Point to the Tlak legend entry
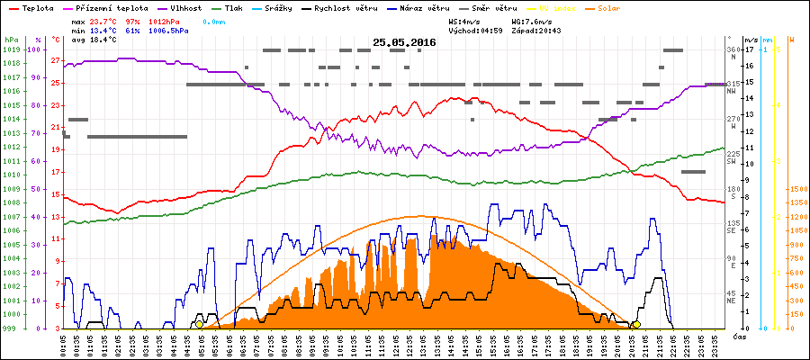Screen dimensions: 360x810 click(238, 6)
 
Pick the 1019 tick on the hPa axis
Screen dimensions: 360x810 click(11, 49)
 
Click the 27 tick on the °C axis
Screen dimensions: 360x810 click(56, 61)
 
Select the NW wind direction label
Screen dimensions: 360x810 click(732, 90)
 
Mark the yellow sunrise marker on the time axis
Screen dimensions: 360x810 click(199, 324)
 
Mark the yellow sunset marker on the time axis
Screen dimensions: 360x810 click(636, 324)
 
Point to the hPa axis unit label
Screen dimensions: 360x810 click(11, 40)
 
